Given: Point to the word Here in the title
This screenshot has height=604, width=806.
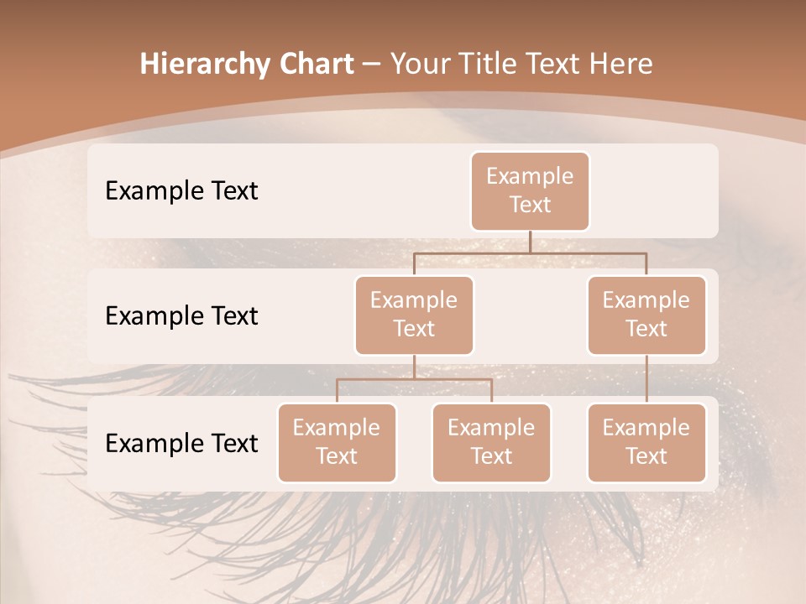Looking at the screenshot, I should click(620, 64).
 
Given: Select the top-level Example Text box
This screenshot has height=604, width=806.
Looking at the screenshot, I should click(530, 190).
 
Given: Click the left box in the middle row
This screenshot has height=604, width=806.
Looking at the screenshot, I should click(414, 315).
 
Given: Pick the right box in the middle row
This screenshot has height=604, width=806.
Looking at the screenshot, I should click(646, 315).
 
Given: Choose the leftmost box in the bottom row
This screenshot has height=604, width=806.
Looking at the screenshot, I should click(337, 442).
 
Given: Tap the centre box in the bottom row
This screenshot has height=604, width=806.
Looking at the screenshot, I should click(491, 442).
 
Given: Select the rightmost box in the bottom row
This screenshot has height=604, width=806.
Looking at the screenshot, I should click(646, 442).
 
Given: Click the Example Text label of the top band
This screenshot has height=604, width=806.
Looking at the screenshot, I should click(181, 190).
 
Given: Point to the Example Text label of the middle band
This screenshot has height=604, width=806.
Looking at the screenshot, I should click(181, 315).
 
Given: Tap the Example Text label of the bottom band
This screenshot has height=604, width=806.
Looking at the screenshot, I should click(181, 443).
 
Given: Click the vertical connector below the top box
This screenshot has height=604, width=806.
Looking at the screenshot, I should click(530, 242).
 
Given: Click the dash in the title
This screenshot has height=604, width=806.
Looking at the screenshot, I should click(372, 65).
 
